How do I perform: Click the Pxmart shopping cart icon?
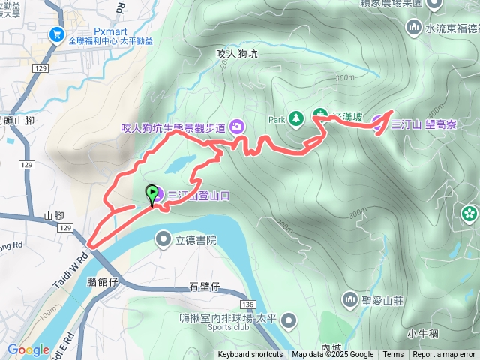(x=55, y=34)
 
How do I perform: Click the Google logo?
(x=28, y=349)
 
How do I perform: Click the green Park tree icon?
(x=296, y=118)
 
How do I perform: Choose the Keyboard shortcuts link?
(x=250, y=355)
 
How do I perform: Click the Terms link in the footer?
(x=393, y=355)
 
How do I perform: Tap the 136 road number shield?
(x=248, y=304)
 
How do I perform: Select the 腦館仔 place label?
(x=103, y=282)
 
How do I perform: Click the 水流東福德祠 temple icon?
(x=413, y=28)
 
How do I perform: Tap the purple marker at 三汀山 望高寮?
(x=378, y=125)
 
